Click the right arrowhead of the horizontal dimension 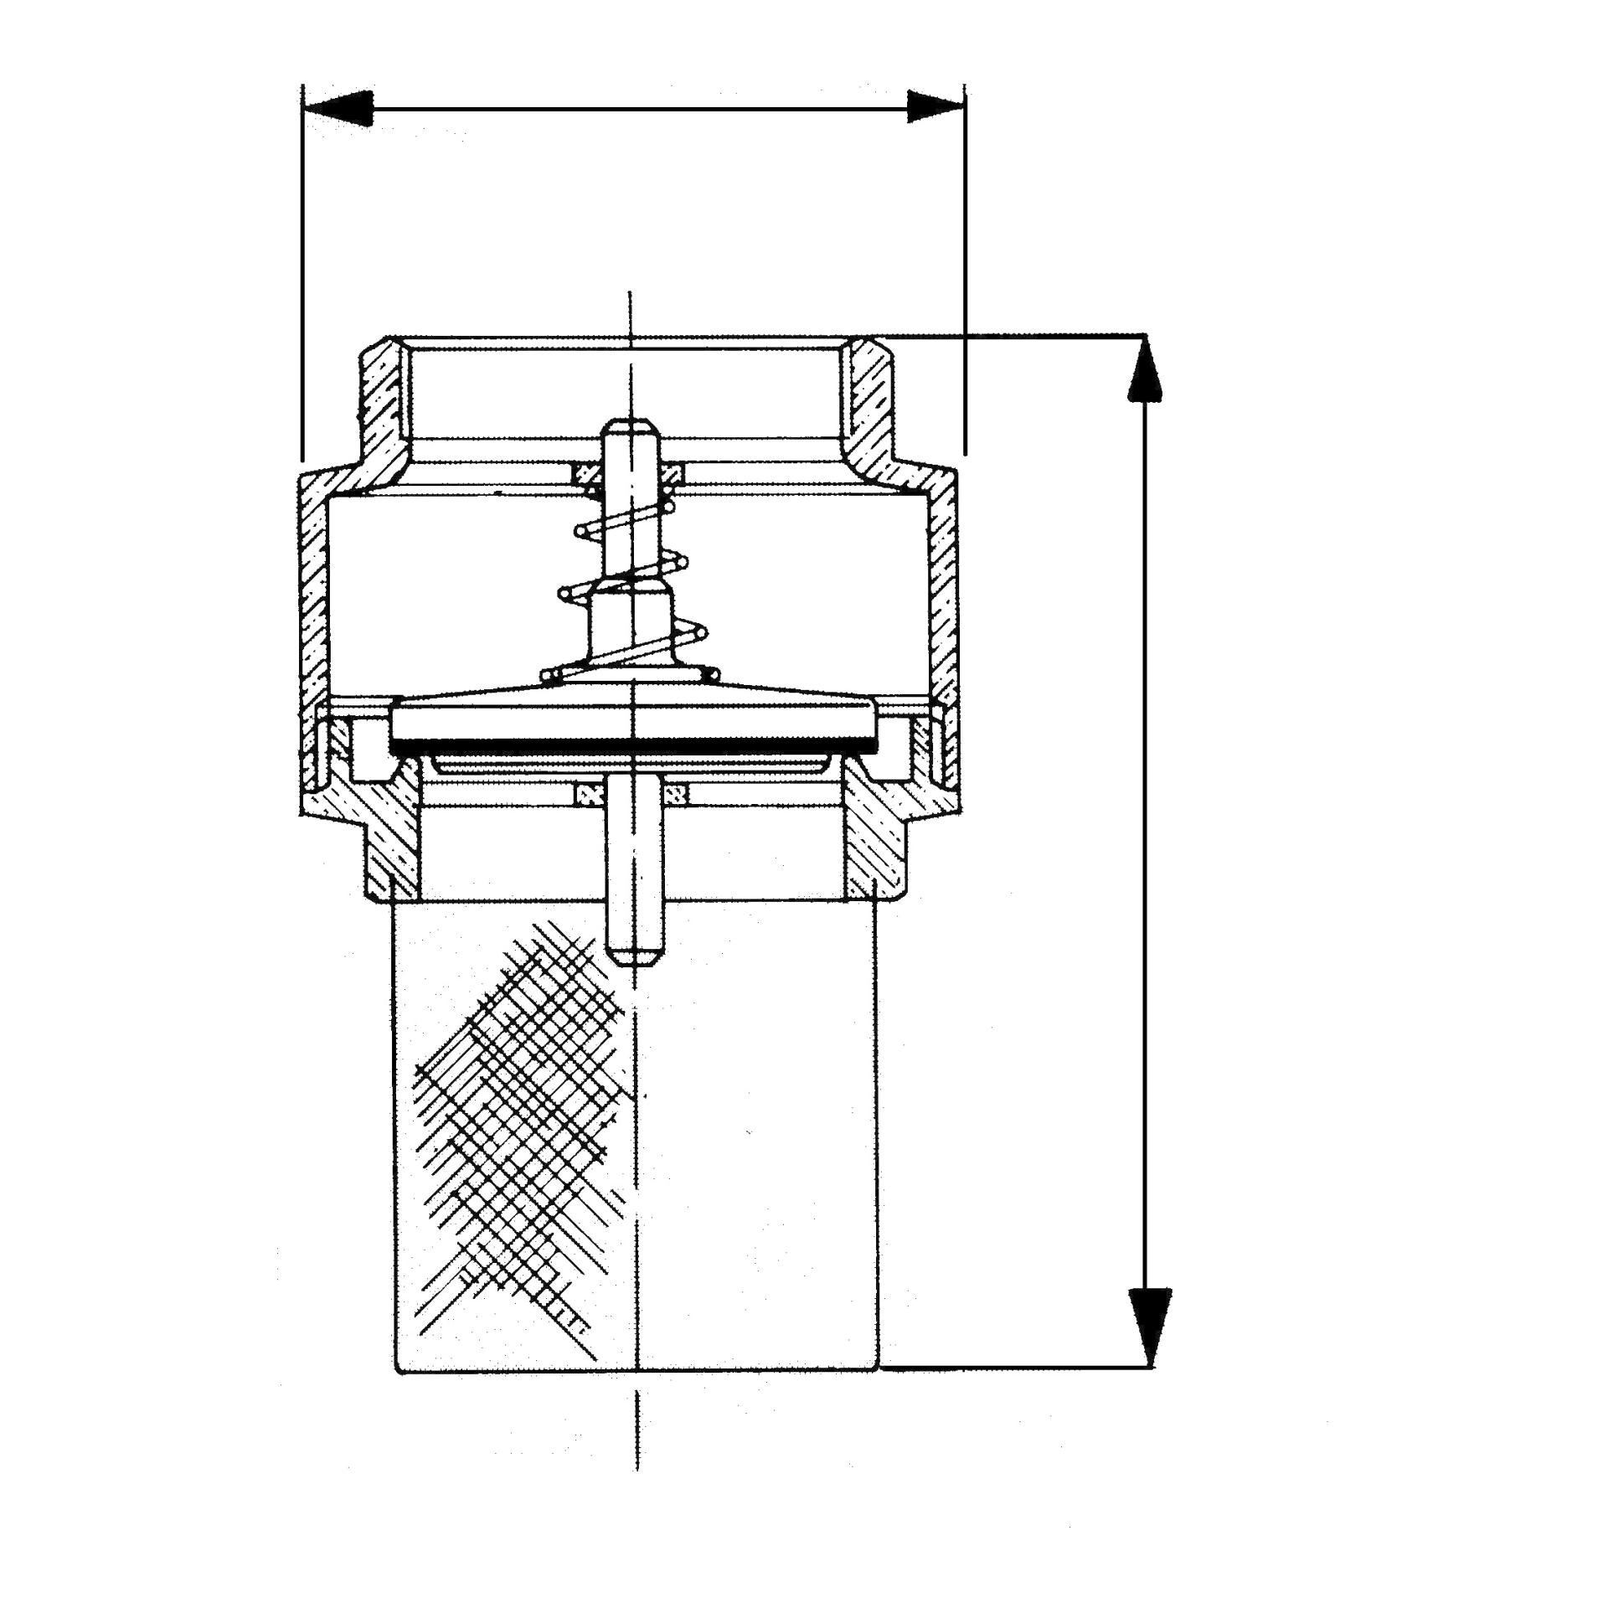click(x=934, y=107)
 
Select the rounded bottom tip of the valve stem click(x=634, y=956)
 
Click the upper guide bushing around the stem click(x=629, y=474)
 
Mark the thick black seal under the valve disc click(x=633, y=744)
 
